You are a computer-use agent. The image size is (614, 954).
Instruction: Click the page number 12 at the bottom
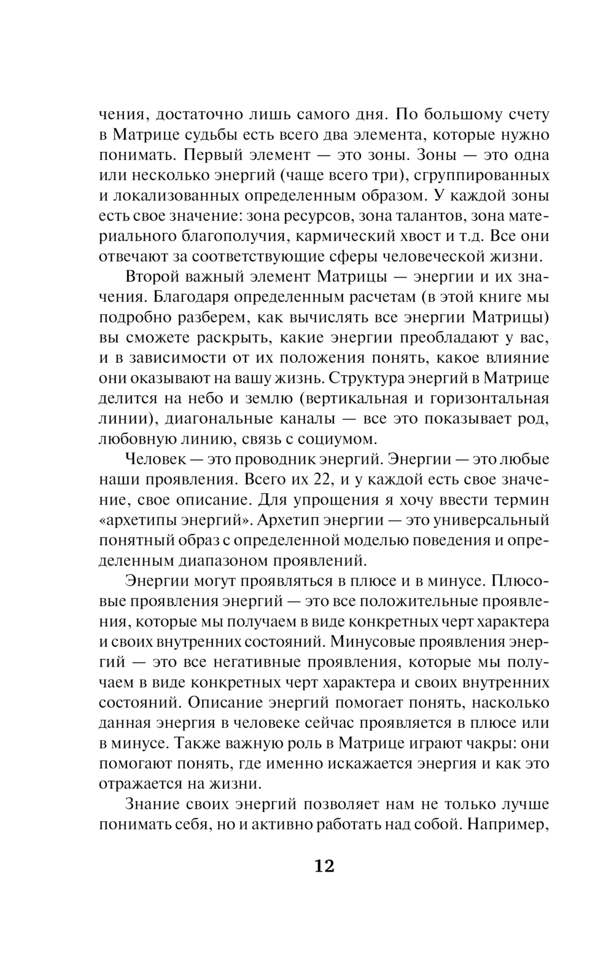click(x=324, y=867)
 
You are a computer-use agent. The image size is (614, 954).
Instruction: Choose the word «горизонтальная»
click(x=484, y=398)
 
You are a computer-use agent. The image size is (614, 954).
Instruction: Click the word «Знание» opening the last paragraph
click(x=152, y=804)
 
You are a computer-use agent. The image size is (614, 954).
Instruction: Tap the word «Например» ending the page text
click(x=509, y=824)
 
